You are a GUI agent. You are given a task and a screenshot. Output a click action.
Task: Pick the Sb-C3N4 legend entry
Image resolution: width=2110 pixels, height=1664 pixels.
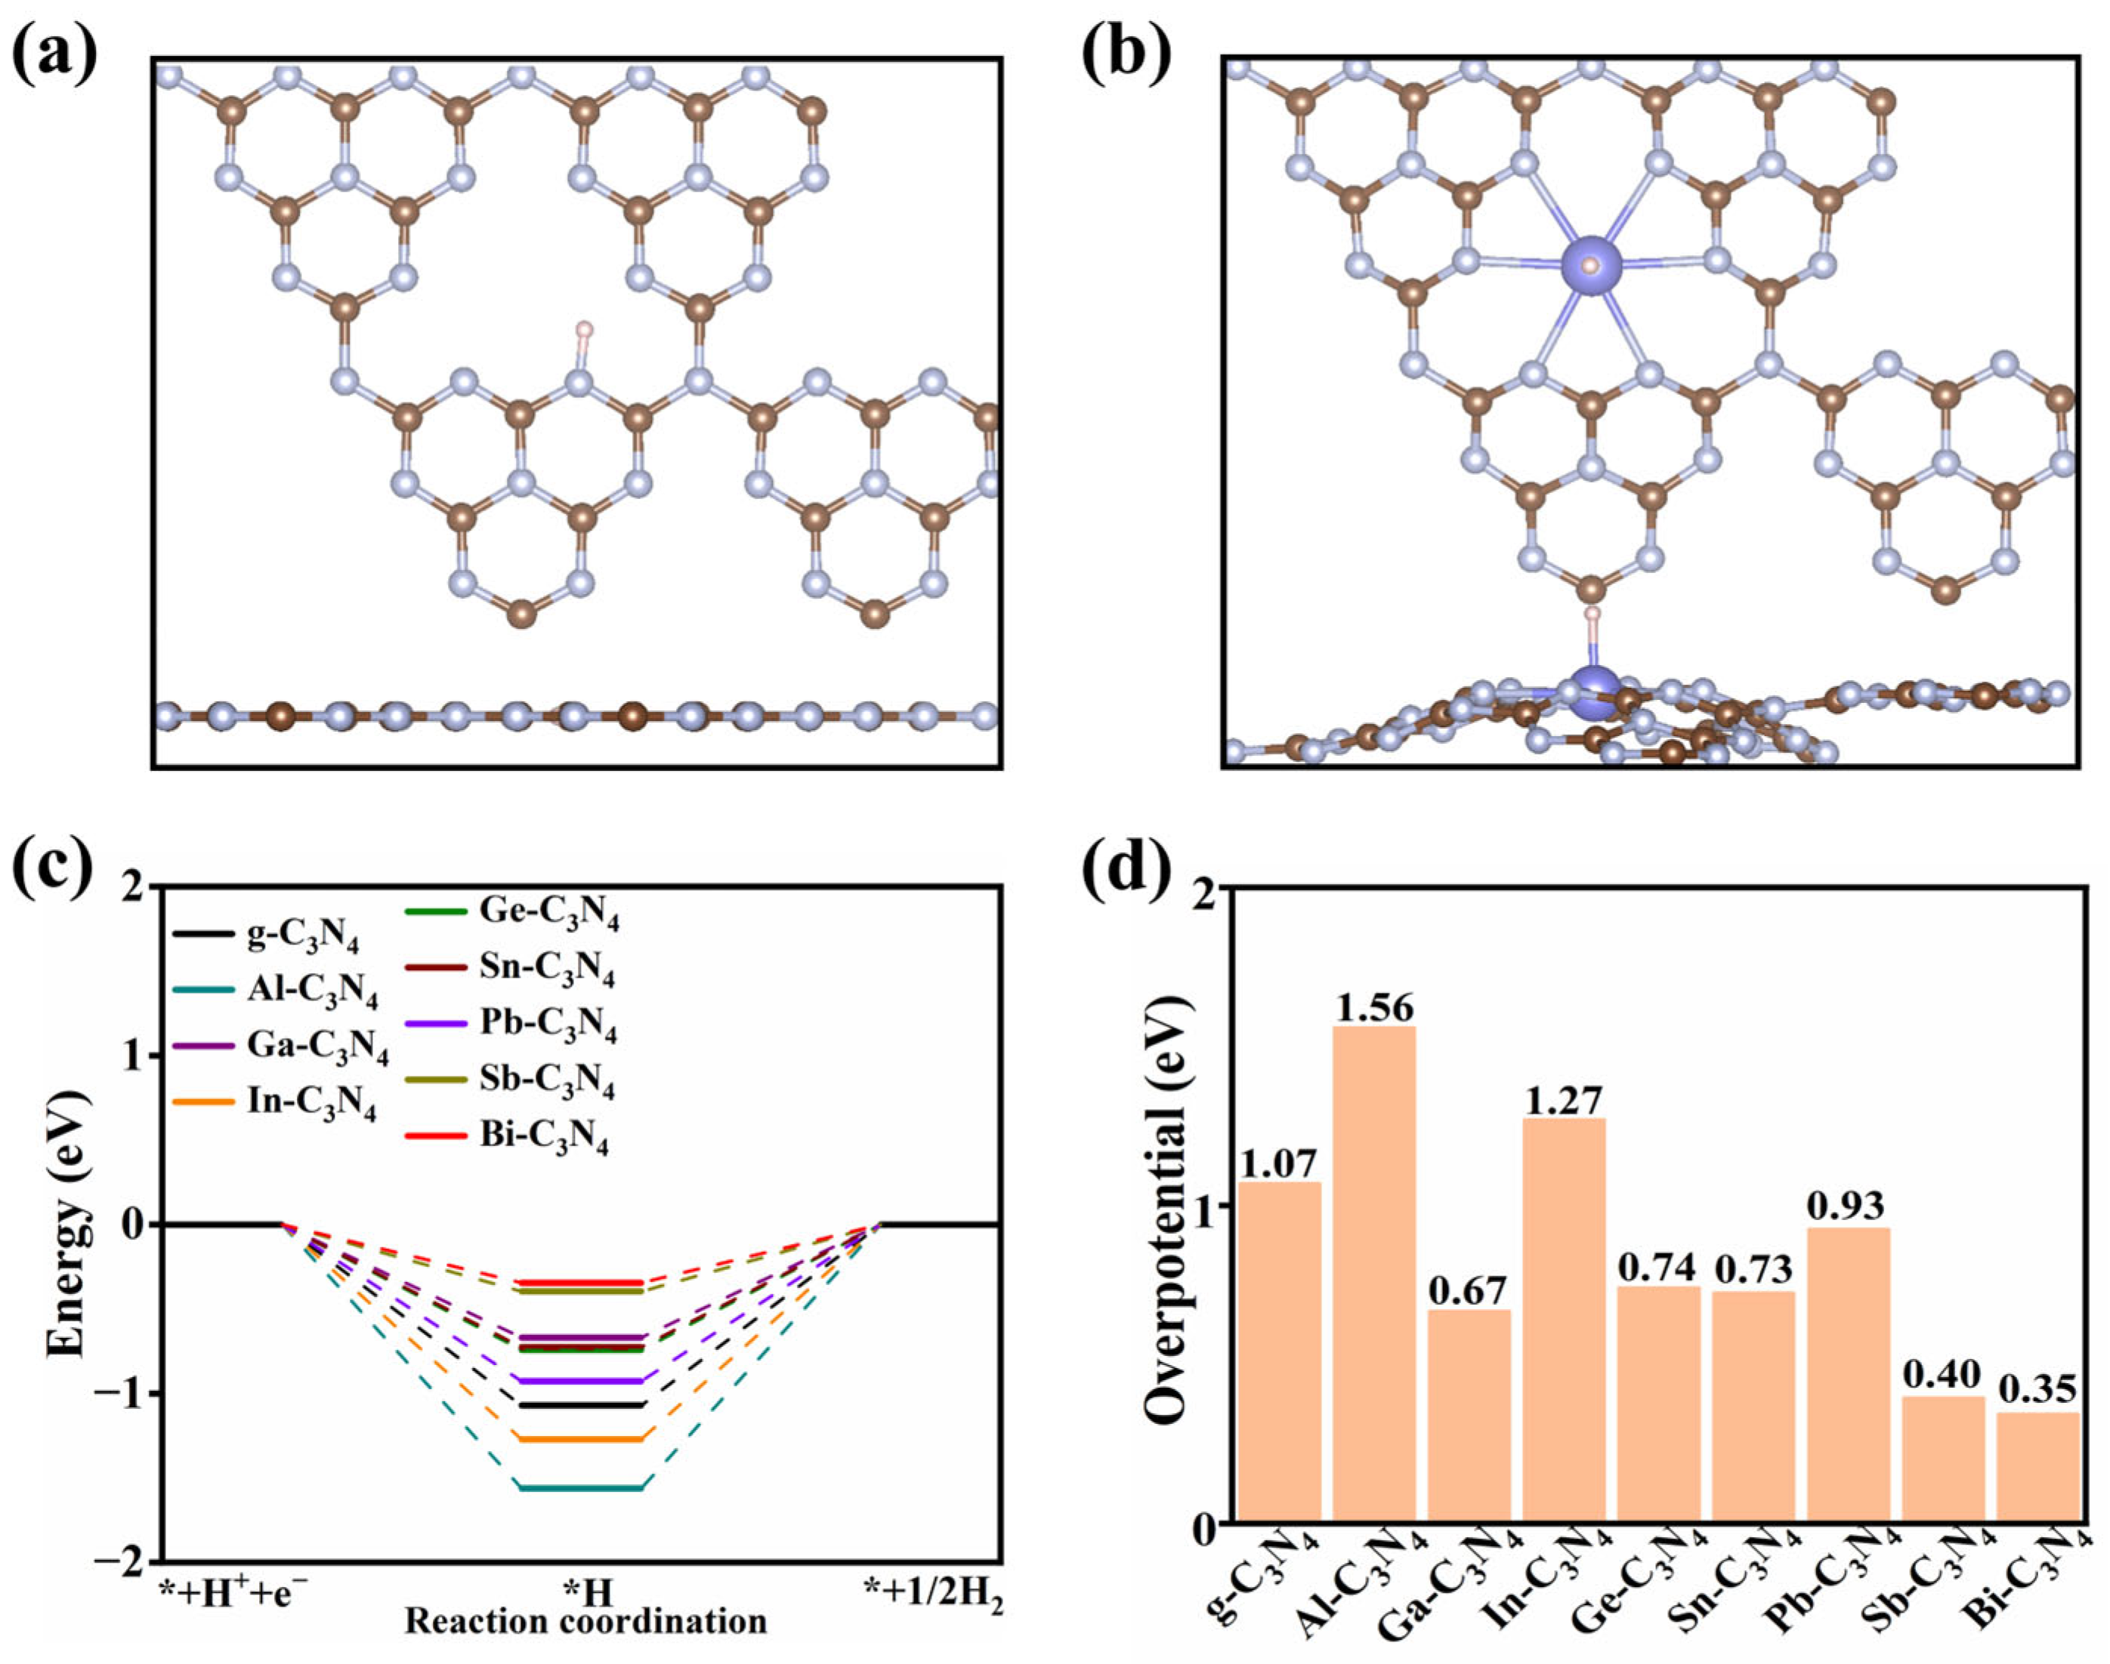(545, 1080)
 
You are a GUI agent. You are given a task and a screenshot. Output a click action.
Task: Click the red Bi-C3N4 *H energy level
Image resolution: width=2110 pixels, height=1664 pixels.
(582, 1282)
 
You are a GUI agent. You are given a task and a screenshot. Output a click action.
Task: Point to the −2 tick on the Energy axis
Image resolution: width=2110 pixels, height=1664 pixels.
(117, 1560)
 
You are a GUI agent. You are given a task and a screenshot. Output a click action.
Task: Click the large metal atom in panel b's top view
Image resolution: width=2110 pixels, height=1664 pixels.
(1590, 265)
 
